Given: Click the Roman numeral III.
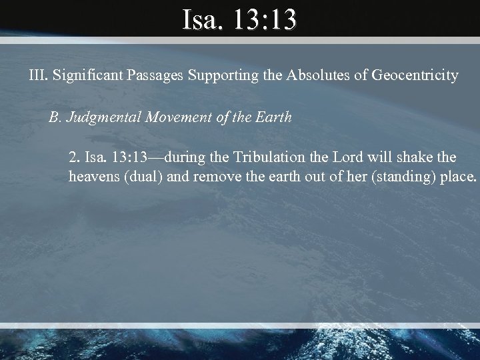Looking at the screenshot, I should [38, 75].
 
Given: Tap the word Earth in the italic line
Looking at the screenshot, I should [275, 118].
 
